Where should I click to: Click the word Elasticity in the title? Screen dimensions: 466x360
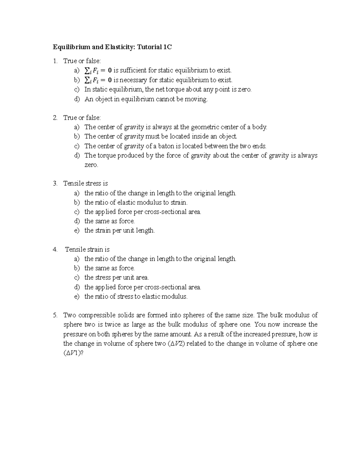point(119,47)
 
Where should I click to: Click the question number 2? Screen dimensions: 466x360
point(55,118)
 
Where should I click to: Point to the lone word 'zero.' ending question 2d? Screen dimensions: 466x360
point(91,165)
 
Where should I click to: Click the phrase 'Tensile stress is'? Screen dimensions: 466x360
point(85,184)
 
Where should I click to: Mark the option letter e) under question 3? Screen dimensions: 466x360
point(77,230)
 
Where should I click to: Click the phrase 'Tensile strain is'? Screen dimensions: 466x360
point(87,249)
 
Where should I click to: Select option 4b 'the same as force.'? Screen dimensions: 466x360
point(109,268)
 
